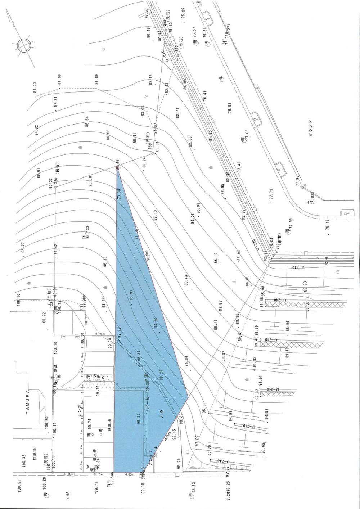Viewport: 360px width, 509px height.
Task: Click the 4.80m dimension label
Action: point(131,475)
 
